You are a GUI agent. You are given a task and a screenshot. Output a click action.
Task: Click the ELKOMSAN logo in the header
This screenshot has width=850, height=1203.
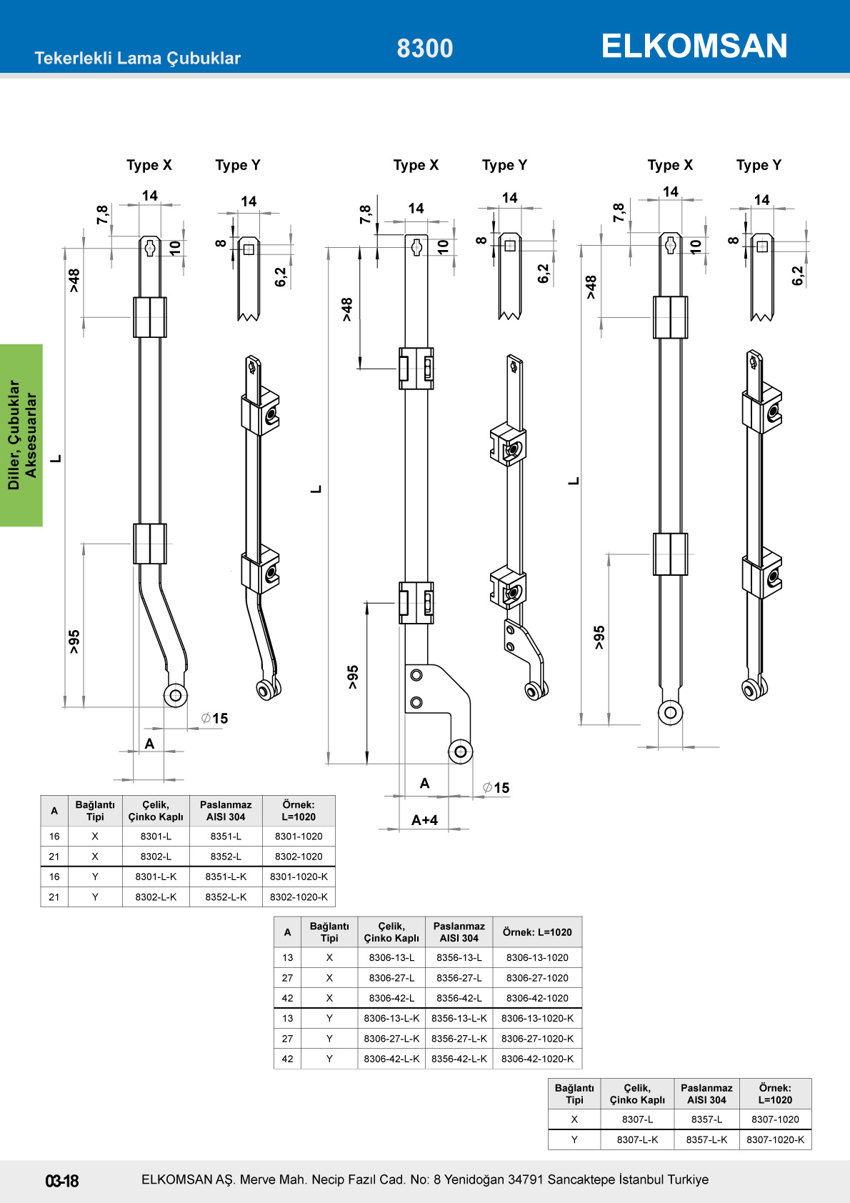pyautogui.click(x=694, y=46)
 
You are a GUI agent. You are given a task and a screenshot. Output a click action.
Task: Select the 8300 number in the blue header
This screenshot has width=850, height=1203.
pyautogui.click(x=425, y=49)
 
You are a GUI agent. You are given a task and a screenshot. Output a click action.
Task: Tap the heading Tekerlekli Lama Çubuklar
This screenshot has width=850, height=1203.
pyautogui.click(x=137, y=59)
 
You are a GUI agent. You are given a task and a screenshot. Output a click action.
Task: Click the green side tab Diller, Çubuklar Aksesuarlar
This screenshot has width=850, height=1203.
pyautogui.click(x=21, y=435)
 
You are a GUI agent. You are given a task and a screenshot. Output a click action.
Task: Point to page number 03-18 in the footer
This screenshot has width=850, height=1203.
pyautogui.click(x=62, y=1181)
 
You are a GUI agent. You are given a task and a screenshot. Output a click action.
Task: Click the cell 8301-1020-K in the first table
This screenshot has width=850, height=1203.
pyautogui.click(x=299, y=877)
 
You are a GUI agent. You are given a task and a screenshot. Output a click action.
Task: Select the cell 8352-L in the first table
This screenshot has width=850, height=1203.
pyautogui.click(x=226, y=857)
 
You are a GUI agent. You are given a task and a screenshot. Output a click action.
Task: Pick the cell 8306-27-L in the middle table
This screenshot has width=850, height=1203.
pyautogui.click(x=391, y=978)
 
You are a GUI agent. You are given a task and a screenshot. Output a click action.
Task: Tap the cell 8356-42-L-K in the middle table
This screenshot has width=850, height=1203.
pyautogui.click(x=459, y=1059)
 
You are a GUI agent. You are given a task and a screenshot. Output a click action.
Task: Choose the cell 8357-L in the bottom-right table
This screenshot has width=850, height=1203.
pyautogui.click(x=706, y=1119)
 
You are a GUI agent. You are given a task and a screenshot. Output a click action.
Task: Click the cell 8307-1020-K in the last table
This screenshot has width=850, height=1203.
pyautogui.click(x=775, y=1139)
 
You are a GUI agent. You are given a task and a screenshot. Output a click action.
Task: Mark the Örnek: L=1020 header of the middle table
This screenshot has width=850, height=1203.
pyautogui.click(x=537, y=932)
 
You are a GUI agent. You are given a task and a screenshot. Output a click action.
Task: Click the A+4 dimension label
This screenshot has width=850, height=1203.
pyautogui.click(x=424, y=820)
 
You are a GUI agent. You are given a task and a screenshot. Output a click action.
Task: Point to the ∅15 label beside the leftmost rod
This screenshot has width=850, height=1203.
pyautogui.click(x=215, y=719)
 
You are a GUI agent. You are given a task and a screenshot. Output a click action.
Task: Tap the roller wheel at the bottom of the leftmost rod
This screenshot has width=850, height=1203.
pyautogui.click(x=175, y=694)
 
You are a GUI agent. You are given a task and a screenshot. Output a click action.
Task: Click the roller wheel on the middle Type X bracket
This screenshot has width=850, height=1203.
pyautogui.click(x=461, y=751)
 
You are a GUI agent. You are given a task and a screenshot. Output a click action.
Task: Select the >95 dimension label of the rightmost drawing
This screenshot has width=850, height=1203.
pyautogui.click(x=599, y=637)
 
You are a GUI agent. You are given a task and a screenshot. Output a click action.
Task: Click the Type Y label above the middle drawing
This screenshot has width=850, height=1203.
pyautogui.click(x=504, y=165)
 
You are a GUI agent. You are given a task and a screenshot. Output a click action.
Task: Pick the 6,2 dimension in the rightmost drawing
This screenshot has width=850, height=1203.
pyautogui.click(x=798, y=276)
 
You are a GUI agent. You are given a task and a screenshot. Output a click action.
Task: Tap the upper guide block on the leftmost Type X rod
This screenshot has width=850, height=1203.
pyautogui.click(x=150, y=317)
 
